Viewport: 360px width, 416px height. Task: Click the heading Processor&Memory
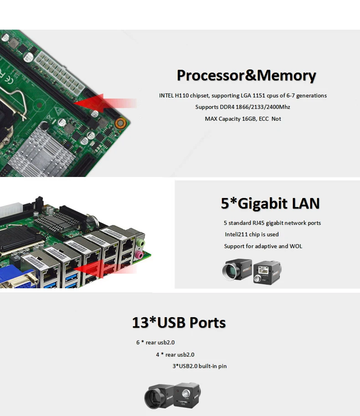246,75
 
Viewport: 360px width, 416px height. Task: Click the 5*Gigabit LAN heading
270,203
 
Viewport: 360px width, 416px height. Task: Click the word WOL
296,246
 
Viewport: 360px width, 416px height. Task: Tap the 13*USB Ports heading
179,323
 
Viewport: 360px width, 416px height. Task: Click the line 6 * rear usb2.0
155,343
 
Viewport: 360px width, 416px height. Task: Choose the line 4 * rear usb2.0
175,354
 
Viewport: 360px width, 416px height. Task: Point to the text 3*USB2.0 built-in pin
199,366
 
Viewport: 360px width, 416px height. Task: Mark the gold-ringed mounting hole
120,123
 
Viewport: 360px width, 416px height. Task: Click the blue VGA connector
18,281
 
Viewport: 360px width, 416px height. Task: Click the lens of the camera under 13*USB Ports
153,399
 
